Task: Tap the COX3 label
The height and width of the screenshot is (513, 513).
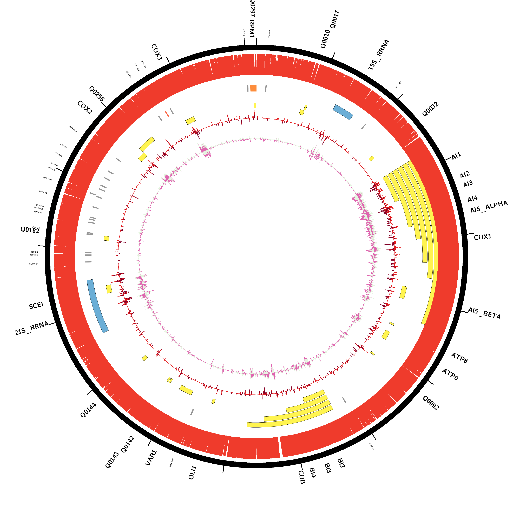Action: coord(156,52)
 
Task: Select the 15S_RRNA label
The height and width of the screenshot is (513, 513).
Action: coord(379,55)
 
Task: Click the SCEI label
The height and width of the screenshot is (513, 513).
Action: coord(36,306)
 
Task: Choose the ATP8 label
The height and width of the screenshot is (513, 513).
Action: coord(459,358)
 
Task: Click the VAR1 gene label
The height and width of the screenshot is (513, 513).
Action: coord(151,457)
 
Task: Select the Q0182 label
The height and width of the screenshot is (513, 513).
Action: coord(30,230)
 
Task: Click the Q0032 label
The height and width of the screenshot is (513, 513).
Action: coord(430,109)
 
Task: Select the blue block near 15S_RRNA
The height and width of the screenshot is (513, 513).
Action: coord(343,112)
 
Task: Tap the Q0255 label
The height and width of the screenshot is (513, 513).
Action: coord(97,94)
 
